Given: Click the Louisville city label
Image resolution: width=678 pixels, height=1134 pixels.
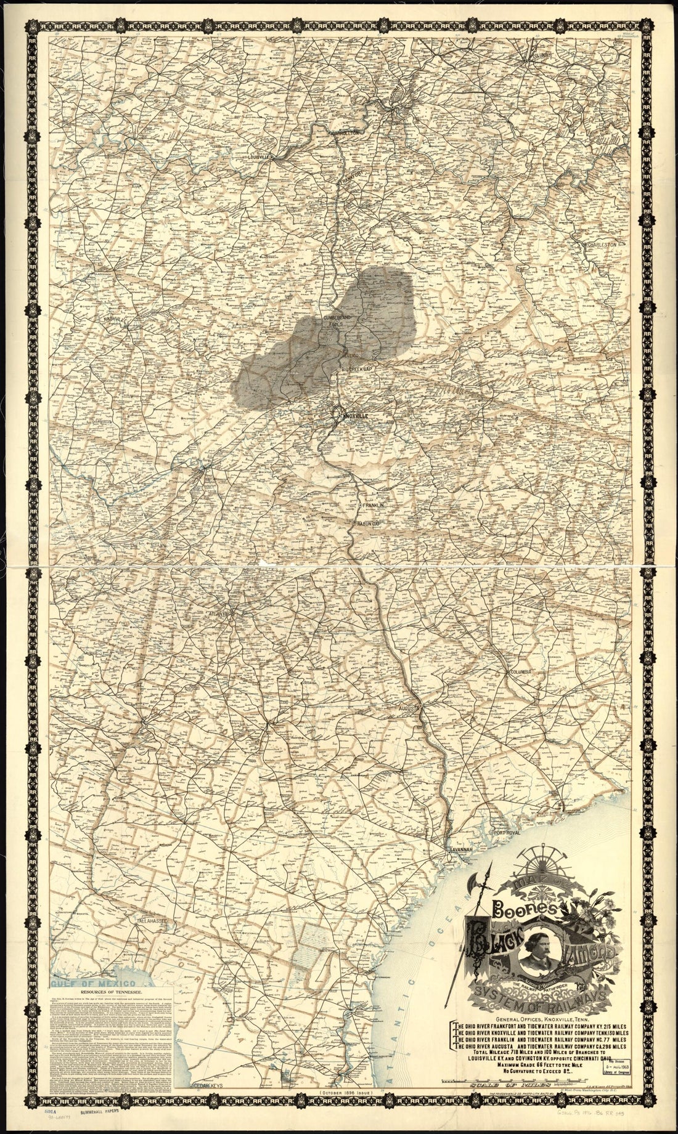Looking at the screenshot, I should tap(259, 156).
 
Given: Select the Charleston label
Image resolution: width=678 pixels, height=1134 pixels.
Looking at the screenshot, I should tap(602, 245).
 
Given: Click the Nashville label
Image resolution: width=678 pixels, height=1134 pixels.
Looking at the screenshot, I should tap(115, 318).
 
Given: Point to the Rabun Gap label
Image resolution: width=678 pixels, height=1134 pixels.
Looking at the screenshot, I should tap(369, 524).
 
